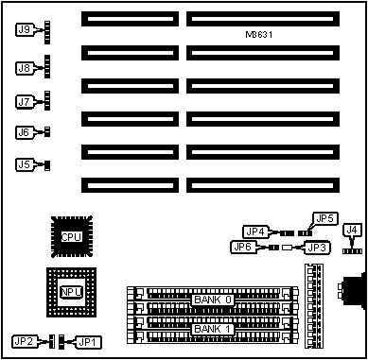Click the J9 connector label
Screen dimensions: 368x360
[24, 29]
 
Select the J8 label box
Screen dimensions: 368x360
[24, 68]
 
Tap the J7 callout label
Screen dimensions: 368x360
[24, 102]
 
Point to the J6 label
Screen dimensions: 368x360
[24, 132]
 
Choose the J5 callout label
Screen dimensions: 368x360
[24, 164]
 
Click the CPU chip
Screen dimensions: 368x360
[72, 236]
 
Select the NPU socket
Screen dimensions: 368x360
[72, 292]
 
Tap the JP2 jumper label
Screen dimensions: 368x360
[25, 342]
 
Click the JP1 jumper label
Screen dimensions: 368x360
[90, 342]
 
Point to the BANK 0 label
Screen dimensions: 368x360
[213, 300]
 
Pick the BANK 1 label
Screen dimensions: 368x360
[213, 329]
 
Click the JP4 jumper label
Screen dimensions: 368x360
[255, 232]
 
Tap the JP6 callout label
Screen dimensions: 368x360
[243, 248]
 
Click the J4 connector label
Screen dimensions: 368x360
[352, 231]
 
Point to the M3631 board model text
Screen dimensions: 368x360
[258, 35]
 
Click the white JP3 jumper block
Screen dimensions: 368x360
[287, 248]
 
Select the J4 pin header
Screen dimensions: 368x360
[351, 251]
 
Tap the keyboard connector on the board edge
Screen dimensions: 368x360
[353, 291]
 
